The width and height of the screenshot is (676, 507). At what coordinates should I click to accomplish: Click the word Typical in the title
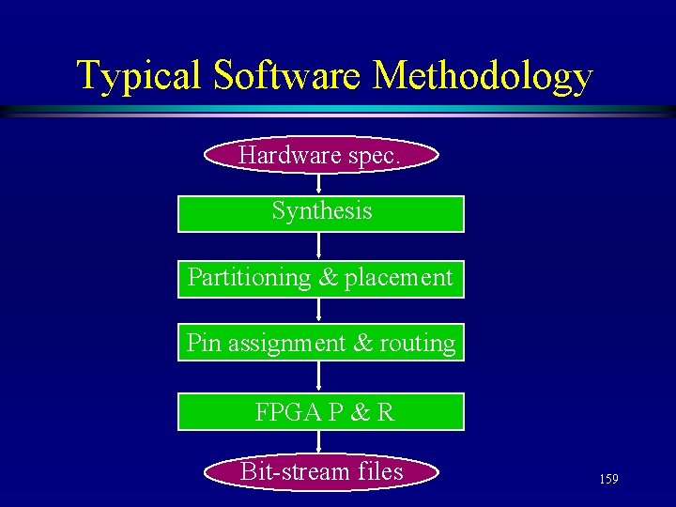pos(139,76)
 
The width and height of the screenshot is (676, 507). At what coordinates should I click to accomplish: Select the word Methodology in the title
pos(483,76)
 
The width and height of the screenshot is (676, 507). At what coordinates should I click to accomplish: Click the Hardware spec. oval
pos(321,156)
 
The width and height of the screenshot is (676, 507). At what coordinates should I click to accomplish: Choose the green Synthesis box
pos(321,213)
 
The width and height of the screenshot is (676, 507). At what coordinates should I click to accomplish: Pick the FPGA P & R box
pos(321,411)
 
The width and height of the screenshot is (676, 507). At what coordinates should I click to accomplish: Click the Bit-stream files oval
pos(321,471)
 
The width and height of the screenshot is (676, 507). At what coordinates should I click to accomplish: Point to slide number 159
pos(608,480)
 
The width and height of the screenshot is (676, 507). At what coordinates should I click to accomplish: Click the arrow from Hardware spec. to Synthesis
pos(321,185)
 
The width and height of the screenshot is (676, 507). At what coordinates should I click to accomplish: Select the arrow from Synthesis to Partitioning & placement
pos(321,246)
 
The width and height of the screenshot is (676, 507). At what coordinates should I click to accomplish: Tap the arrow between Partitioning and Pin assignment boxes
pos(321,312)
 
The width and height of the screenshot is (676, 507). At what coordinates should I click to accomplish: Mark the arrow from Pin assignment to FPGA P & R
pos(321,376)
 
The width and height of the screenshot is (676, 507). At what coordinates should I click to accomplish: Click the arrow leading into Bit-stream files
pos(321,442)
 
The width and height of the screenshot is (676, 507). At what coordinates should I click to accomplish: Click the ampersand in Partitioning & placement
pos(328,278)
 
